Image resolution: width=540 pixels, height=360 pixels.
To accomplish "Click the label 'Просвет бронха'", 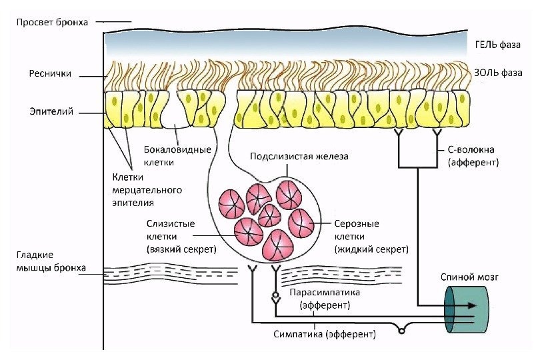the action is point(52,22).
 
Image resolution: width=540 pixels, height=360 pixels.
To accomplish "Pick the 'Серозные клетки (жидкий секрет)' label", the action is point(371,236).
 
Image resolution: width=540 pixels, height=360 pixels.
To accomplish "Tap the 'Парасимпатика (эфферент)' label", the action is point(325,299).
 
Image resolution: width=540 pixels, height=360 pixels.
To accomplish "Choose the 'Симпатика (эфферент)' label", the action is point(325,333).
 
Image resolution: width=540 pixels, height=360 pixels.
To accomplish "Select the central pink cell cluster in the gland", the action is point(269,215).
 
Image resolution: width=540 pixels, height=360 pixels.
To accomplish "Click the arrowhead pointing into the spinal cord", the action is point(471,305).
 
